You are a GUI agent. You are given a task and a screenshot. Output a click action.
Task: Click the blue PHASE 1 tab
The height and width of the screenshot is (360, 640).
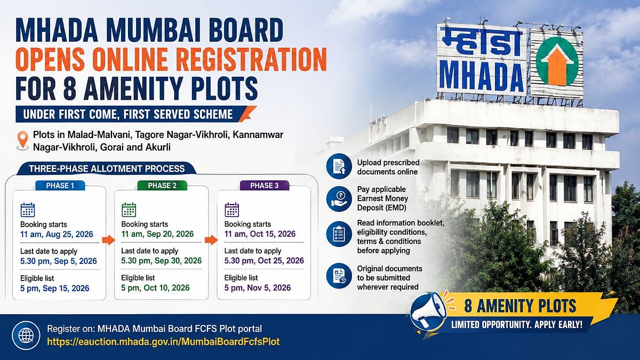[x=60, y=186]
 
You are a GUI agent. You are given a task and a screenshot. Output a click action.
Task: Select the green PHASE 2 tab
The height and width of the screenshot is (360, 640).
[x=162, y=186]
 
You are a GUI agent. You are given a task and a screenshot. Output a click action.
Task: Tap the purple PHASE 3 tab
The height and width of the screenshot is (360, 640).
[x=265, y=186]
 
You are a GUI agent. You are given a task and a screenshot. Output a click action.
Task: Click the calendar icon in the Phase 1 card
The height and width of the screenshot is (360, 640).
[x=28, y=210]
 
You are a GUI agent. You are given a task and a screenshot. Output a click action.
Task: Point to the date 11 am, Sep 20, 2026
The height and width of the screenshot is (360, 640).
[x=157, y=234]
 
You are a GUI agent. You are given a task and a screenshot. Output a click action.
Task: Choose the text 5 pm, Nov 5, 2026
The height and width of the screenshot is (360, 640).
[x=258, y=287]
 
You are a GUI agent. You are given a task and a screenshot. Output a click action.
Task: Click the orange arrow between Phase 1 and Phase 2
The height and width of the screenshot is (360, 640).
[x=108, y=240]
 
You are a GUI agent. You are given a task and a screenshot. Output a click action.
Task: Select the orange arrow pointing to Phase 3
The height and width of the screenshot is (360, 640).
[x=211, y=240]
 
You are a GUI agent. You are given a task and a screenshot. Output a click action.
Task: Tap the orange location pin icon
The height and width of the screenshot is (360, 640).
[x=23, y=141]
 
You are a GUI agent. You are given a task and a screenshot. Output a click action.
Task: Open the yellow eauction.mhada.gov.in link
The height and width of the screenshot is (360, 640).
[x=163, y=342]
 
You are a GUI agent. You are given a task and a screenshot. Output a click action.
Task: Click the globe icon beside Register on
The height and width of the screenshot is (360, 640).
[x=26, y=335]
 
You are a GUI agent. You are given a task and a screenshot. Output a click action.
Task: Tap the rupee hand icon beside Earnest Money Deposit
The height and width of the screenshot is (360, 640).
[x=339, y=199]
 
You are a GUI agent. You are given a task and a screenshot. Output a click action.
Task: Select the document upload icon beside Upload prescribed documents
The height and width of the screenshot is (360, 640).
[x=339, y=166]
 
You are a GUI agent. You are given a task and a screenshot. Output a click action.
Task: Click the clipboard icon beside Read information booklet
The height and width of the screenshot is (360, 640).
[x=339, y=234]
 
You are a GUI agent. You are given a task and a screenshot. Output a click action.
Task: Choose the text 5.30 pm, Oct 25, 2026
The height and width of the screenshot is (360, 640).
[x=264, y=261]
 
